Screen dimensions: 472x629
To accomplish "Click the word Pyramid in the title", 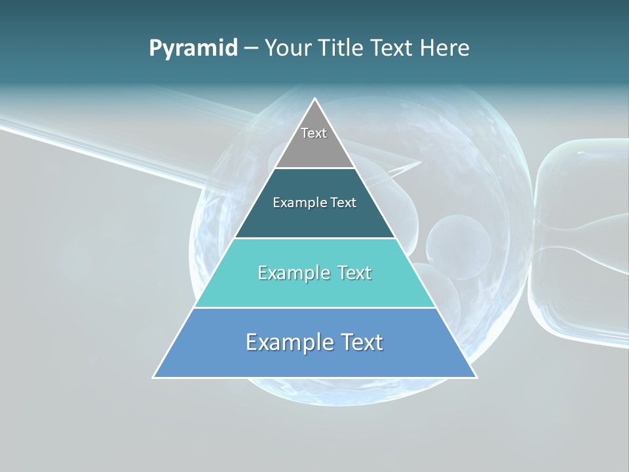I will (193, 49).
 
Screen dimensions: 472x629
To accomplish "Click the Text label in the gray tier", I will (314, 133).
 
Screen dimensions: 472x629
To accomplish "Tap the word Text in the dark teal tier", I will (344, 203).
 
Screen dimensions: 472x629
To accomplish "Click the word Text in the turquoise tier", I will (354, 273).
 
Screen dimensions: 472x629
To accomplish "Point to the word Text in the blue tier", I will (361, 342).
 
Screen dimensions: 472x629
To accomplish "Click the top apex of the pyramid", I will (315, 99).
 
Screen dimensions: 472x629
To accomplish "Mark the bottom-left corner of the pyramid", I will (154, 377).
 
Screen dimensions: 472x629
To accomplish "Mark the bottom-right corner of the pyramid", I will (476, 377).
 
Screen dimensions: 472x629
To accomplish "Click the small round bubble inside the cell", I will (459, 243).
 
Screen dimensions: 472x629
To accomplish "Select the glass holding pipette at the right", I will (577, 249).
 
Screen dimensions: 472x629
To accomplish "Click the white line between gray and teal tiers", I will (315, 168).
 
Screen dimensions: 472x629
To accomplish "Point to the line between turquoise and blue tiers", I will (315, 307).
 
